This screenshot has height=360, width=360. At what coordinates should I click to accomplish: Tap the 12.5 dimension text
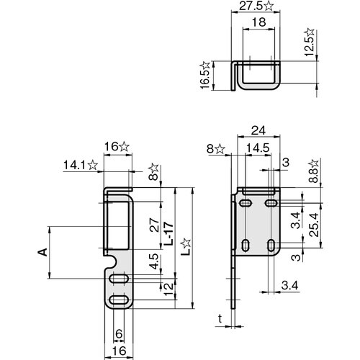click(x=310, y=45)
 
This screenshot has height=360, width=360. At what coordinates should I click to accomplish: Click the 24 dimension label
click(x=258, y=130)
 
